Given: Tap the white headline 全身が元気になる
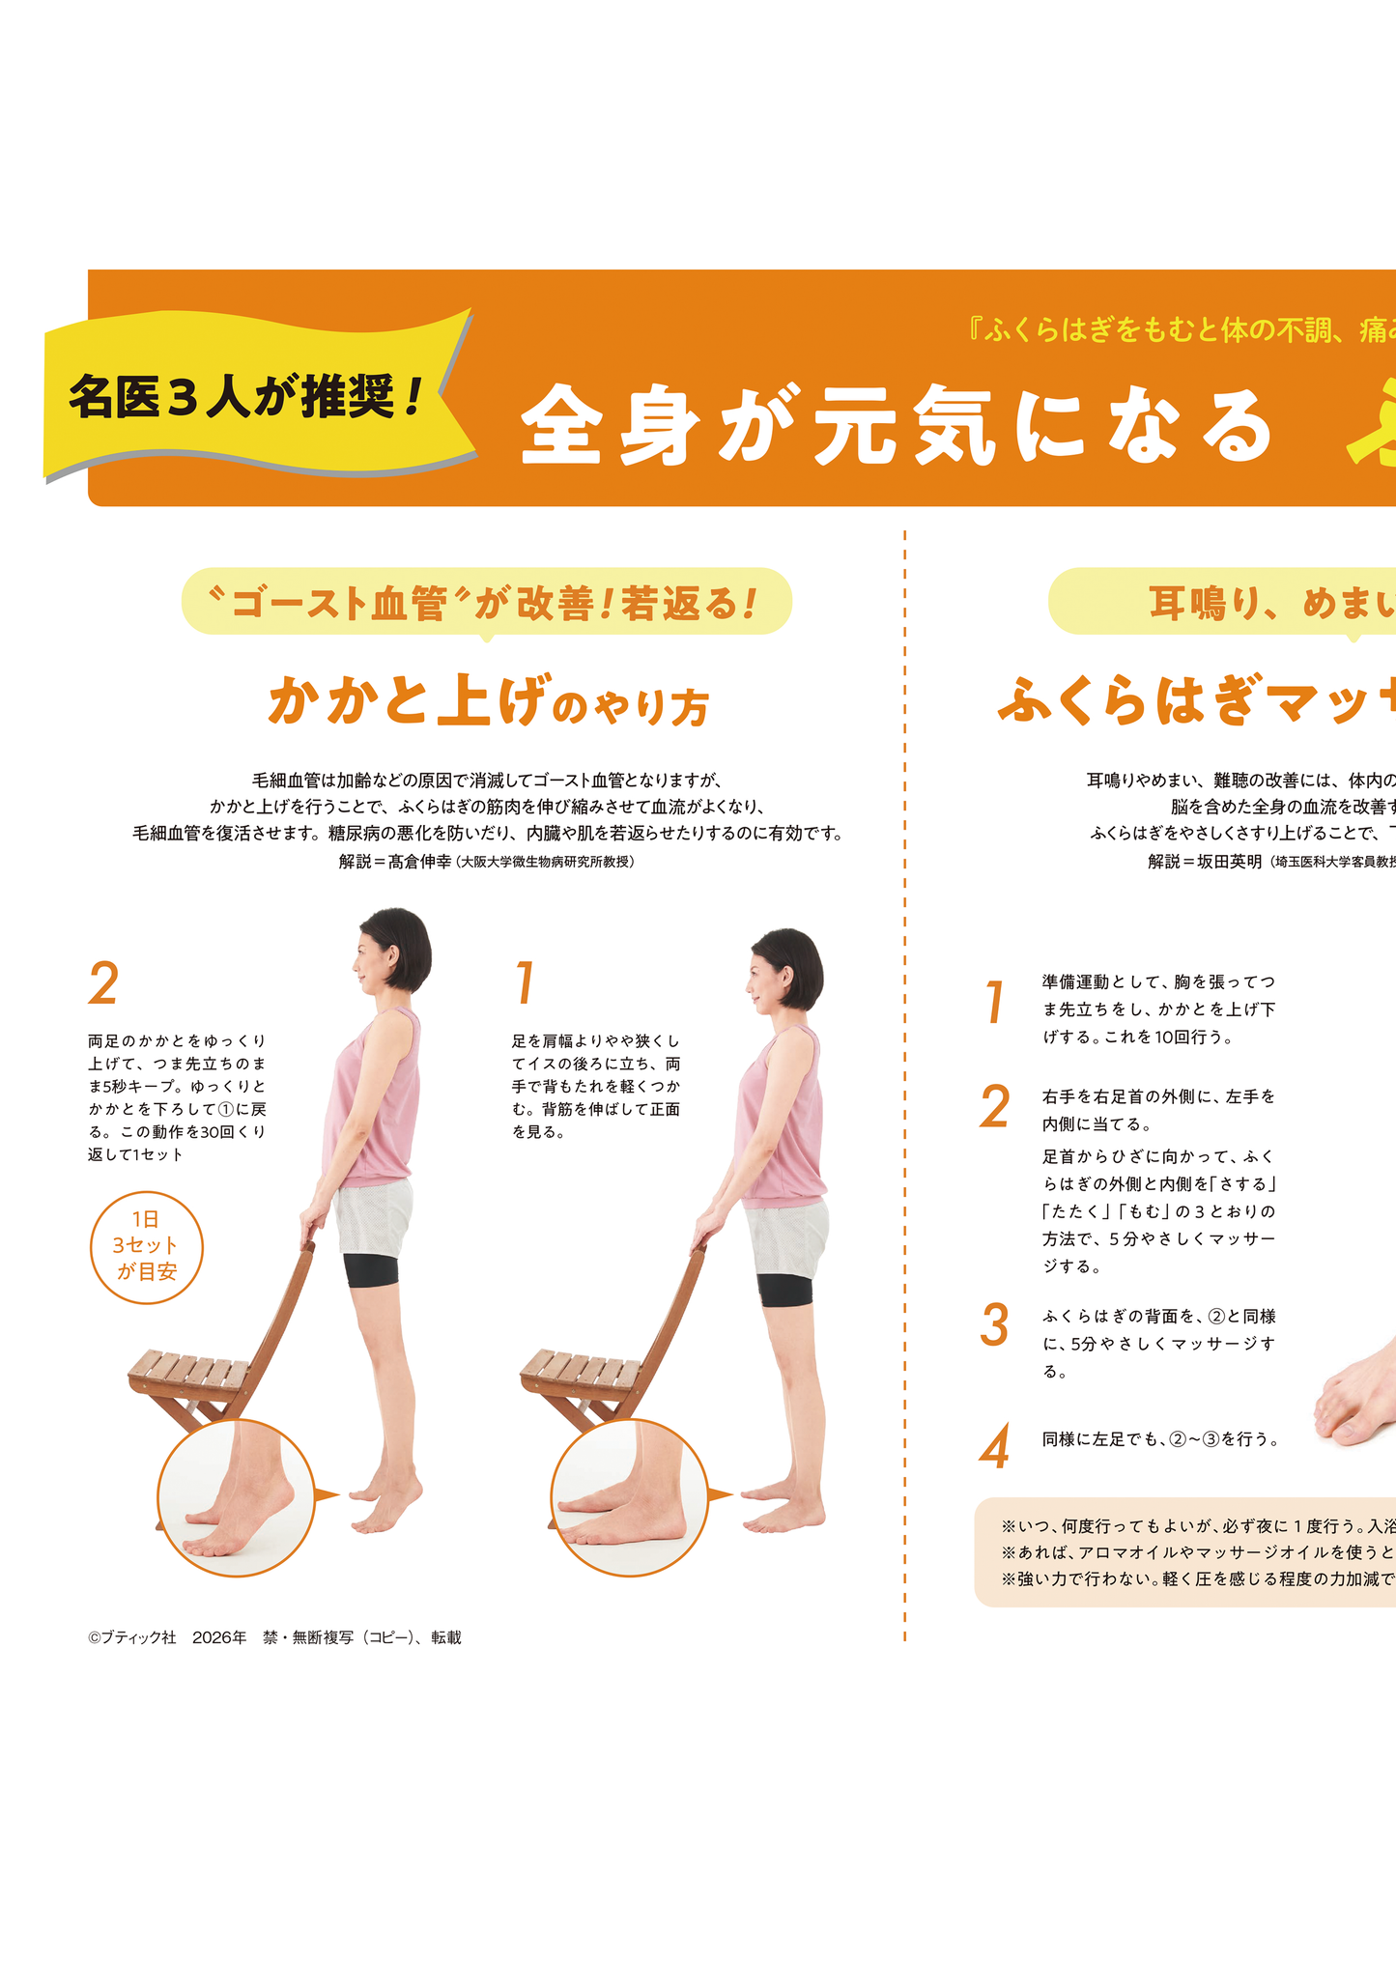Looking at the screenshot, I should (897, 426).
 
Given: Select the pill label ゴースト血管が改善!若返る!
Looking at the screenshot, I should (486, 603).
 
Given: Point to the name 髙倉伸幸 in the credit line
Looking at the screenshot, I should (419, 862).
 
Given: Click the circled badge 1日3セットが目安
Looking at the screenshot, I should (147, 1246).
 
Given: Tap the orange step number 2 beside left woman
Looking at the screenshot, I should (103, 983).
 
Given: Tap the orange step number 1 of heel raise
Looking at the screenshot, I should (525, 983).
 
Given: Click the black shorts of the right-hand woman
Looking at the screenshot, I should (784, 1290).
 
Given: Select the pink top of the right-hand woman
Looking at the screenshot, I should (781, 1121).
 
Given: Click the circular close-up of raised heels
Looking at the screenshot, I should (236, 1497).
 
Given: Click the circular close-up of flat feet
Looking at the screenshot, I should (629, 1497).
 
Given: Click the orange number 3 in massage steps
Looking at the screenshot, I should (994, 1325).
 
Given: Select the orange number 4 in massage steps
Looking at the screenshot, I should (994, 1446).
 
